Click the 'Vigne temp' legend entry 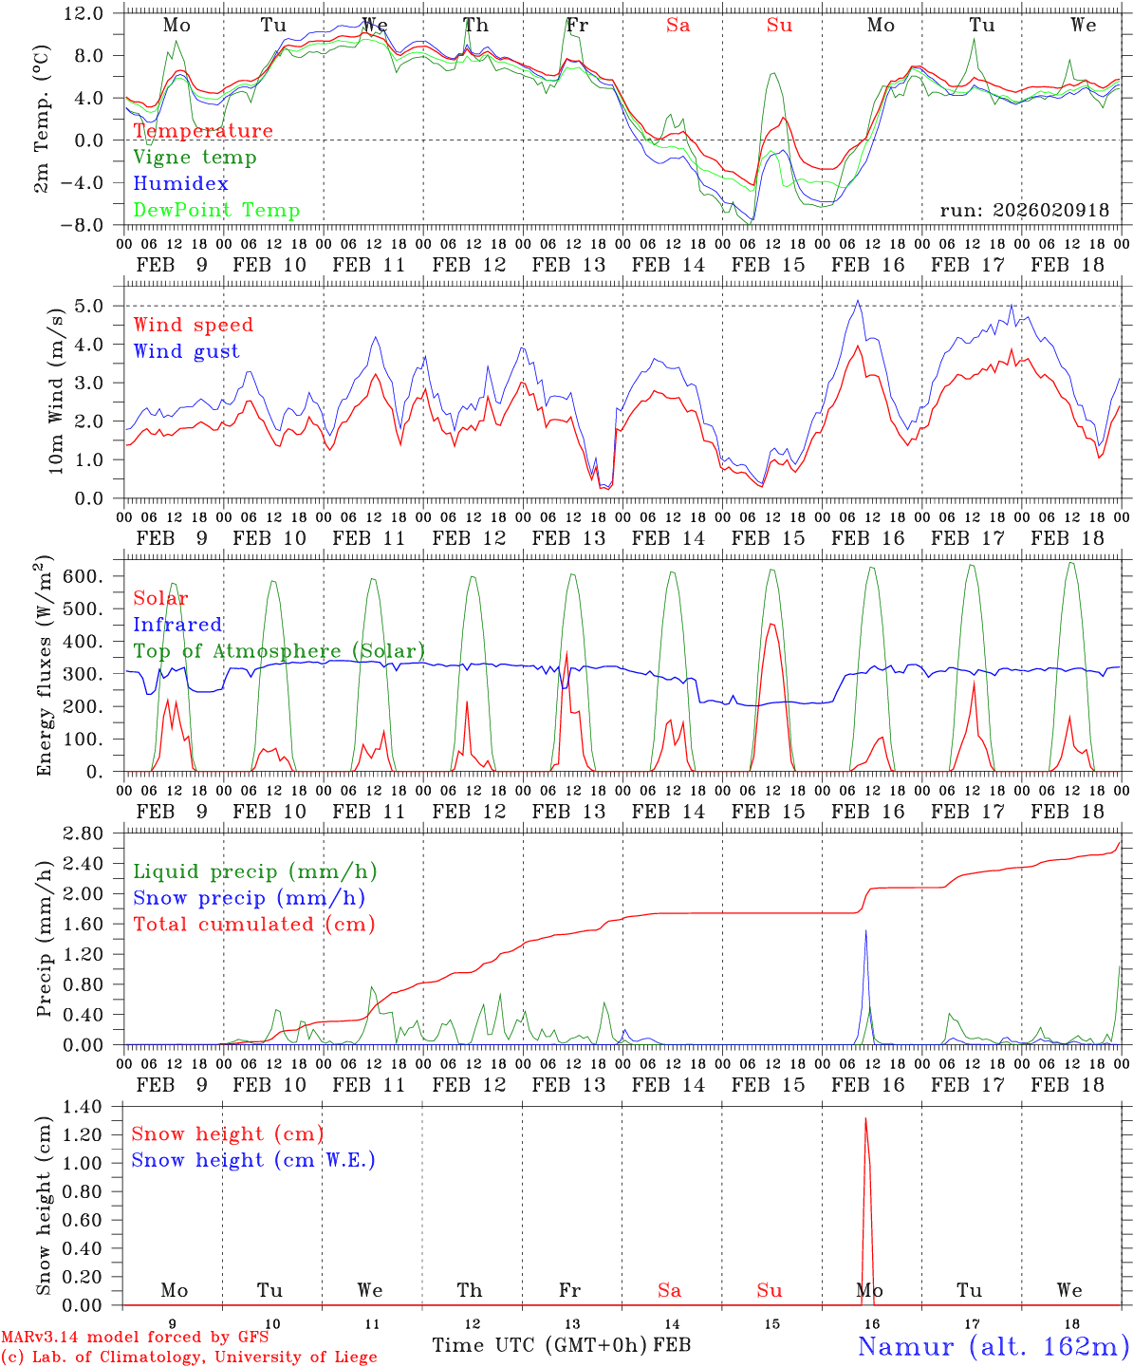click(x=195, y=158)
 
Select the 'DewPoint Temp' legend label click(x=216, y=211)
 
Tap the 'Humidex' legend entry click(x=180, y=184)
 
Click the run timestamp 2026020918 click(x=1024, y=211)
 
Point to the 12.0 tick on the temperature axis click(x=84, y=13)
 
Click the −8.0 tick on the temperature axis click(x=84, y=225)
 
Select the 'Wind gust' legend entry click(x=186, y=351)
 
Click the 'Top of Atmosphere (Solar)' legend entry click(x=278, y=651)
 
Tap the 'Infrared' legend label click(x=177, y=625)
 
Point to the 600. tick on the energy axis click(x=83, y=577)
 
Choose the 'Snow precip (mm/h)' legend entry click(x=249, y=898)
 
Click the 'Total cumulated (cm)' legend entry click(x=253, y=925)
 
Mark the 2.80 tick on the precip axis click(x=85, y=833)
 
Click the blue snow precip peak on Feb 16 click(x=865, y=931)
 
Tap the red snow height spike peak click(x=865, y=1119)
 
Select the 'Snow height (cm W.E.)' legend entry click(x=253, y=1160)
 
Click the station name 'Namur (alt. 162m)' click(x=993, y=1346)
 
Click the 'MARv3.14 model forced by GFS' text click(x=135, y=1337)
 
